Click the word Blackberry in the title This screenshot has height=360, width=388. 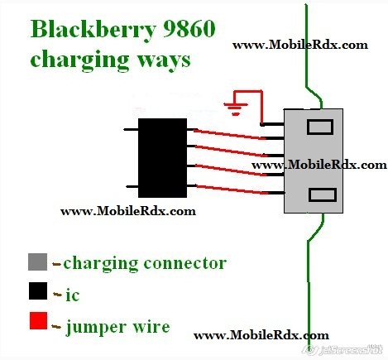click(x=93, y=30)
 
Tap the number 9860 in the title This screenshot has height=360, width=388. click(x=189, y=29)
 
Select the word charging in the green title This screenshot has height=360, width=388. click(x=79, y=60)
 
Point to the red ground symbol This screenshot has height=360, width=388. click(x=236, y=108)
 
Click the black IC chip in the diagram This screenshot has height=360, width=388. click(x=162, y=158)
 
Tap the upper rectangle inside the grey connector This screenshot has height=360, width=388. click(x=320, y=127)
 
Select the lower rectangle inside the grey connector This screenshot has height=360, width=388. click(x=323, y=194)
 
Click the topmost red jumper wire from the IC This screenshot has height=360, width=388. click(x=229, y=134)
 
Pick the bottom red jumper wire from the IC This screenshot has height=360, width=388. click(x=232, y=190)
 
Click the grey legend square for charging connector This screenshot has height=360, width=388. click(x=37, y=262)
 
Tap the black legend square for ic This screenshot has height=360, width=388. click(x=38, y=290)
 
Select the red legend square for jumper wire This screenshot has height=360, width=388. click(x=38, y=320)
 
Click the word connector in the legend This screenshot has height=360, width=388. click(x=185, y=263)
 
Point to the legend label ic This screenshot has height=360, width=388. click(x=73, y=295)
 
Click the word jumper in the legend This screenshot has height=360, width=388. click(x=96, y=328)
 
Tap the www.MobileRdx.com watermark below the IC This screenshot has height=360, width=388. click(x=128, y=211)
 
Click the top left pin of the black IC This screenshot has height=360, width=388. click(x=131, y=129)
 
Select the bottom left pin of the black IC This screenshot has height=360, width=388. click(x=132, y=186)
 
